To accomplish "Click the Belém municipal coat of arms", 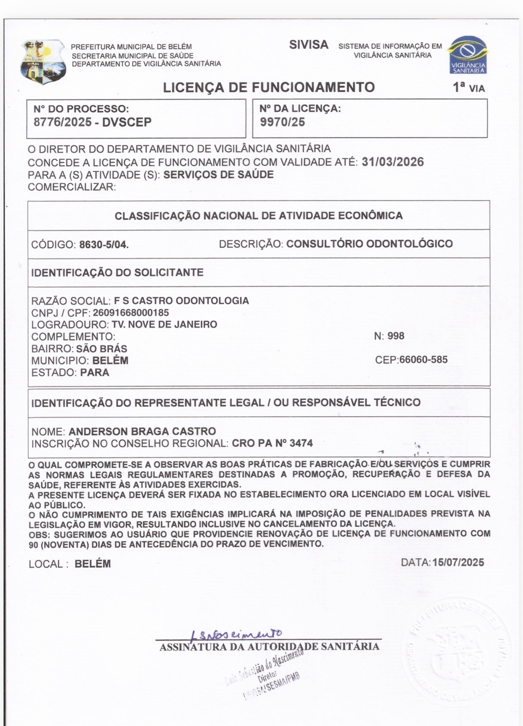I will point(43,61).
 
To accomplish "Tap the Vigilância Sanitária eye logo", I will point(468,55).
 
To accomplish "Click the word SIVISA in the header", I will point(309,45).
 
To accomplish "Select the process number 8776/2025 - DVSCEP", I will point(92,122).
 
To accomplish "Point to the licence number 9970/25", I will point(282,122).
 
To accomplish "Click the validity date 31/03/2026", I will point(393,162).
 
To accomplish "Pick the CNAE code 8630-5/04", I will point(104,245).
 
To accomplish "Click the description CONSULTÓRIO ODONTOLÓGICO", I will point(369,243).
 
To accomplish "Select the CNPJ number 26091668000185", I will point(131,313).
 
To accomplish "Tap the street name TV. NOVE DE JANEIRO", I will point(164,324).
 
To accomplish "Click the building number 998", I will point(396,336).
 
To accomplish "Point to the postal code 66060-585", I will point(423,360).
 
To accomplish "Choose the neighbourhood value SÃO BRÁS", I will point(101,349).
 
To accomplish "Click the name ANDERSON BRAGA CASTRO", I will point(142,431).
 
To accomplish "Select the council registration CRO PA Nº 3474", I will point(272,443).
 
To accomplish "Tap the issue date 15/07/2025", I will point(458,562).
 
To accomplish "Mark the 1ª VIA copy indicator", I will point(469,88).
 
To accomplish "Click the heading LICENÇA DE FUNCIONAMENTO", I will point(269,87).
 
